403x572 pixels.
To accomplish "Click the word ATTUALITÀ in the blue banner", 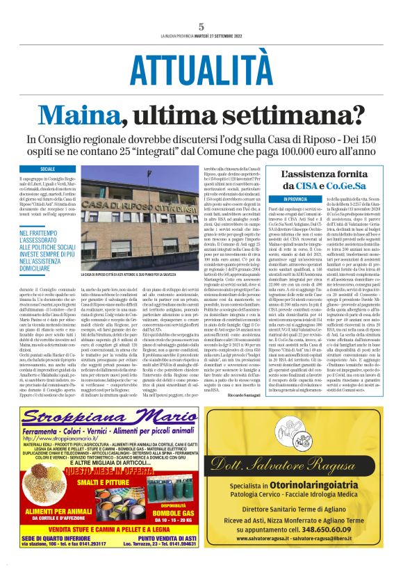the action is click(x=201, y=70).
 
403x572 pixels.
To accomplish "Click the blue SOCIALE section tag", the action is click(x=48, y=169).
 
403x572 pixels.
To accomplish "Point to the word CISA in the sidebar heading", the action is click(x=312, y=186).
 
